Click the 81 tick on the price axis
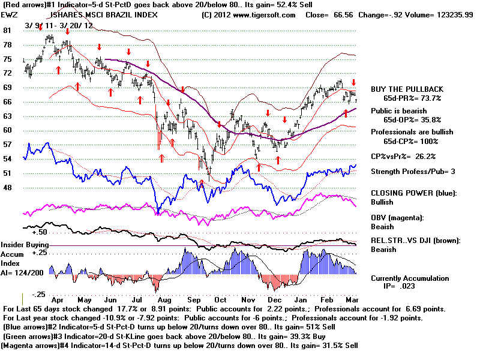7,31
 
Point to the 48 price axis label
7,187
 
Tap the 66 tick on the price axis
7,101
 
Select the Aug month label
164,300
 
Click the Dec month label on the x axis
275,299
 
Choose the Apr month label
57,300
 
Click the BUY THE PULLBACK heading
407,89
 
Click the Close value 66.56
343,15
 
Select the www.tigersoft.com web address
263,15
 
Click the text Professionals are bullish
412,132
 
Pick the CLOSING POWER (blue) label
413,193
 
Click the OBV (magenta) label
397,218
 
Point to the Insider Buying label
25,245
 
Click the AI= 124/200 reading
22,273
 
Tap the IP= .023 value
399,286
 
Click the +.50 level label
40,232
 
